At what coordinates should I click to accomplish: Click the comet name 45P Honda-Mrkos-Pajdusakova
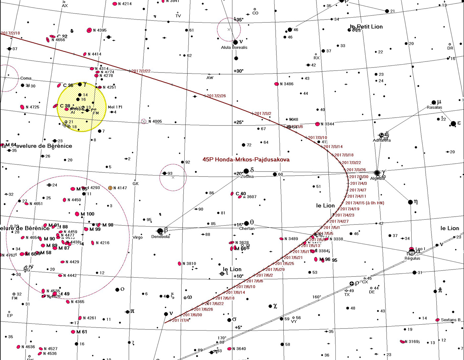click(246, 160)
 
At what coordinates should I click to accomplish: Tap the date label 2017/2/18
click(10, 33)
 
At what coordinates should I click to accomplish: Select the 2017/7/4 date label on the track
click(181, 320)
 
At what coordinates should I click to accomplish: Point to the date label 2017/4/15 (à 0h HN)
click(365, 203)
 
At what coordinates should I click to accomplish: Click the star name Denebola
click(160, 237)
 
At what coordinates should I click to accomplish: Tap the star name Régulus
click(412, 258)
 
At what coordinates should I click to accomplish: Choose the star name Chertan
click(247, 229)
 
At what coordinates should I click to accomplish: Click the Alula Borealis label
click(234, 47)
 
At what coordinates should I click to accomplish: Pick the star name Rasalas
click(434, 107)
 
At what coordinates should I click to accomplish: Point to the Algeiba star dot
click(377, 173)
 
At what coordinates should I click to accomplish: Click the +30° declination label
click(239, 71)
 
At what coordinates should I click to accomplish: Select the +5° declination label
click(239, 328)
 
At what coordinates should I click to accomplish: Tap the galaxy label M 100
click(87, 214)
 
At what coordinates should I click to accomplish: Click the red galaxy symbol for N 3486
click(276, 84)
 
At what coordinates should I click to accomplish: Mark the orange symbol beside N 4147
click(110, 188)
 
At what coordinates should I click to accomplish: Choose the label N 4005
click(155, 122)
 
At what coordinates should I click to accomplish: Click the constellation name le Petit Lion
click(366, 26)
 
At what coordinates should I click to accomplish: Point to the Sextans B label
click(450, 320)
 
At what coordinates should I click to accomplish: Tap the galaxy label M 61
click(82, 332)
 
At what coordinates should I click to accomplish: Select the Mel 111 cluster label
click(115, 107)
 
